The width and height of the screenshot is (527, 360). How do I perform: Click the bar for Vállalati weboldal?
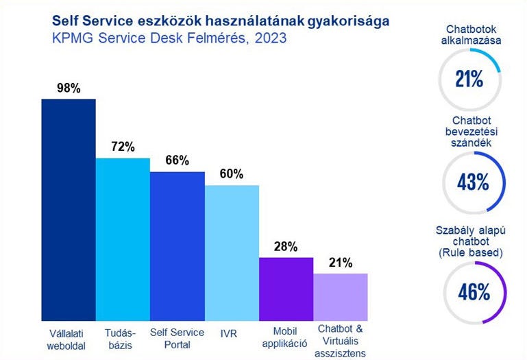[69, 210]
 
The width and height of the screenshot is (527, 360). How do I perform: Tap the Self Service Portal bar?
[177, 246]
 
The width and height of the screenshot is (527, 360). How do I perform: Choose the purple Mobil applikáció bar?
[286, 289]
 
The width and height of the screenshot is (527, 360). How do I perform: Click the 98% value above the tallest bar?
[69, 88]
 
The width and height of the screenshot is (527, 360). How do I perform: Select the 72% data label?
[123, 147]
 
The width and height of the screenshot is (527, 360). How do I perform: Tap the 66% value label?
[177, 160]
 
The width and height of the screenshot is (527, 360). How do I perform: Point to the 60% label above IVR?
[232, 174]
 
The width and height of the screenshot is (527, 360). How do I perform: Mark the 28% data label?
[286, 246]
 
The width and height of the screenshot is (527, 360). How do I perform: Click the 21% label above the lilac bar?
[341, 262]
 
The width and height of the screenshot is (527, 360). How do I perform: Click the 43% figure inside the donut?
[473, 182]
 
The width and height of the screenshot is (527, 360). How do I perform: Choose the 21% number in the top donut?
[470, 79]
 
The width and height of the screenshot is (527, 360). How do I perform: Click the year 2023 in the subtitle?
[266, 39]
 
